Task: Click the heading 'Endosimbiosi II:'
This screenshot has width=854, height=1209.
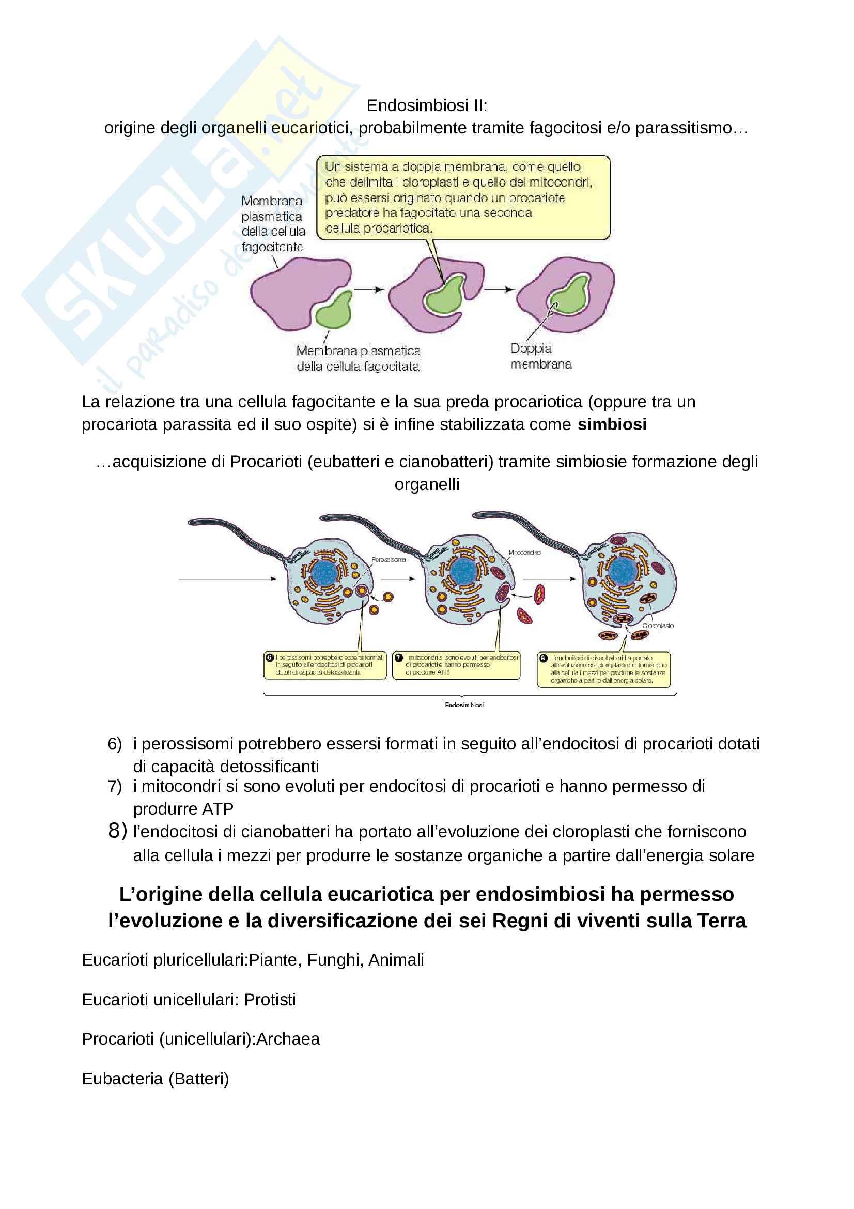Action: [426, 105]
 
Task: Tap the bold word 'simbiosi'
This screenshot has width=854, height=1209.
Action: [611, 424]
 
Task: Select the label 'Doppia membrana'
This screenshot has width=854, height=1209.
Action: [540, 357]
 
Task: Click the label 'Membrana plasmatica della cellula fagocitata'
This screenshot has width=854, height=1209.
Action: [358, 359]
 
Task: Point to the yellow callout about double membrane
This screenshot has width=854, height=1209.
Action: [463, 197]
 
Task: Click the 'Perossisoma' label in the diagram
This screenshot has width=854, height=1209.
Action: [389, 559]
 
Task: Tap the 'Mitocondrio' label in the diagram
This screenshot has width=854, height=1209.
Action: [524, 553]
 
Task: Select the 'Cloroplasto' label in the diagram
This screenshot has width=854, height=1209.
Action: [657, 625]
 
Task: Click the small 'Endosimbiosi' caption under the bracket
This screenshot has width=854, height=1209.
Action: [464, 705]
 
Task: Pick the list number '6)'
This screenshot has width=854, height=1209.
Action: [115, 744]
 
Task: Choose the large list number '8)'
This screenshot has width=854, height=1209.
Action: [117, 831]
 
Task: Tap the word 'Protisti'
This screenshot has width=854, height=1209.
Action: [270, 1000]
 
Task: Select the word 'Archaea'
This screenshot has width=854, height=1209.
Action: [288, 1039]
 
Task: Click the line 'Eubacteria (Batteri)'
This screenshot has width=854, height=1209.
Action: [155, 1079]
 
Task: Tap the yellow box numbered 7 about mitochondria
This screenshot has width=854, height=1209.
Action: [456, 666]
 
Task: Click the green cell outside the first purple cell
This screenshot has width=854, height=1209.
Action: [334, 312]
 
